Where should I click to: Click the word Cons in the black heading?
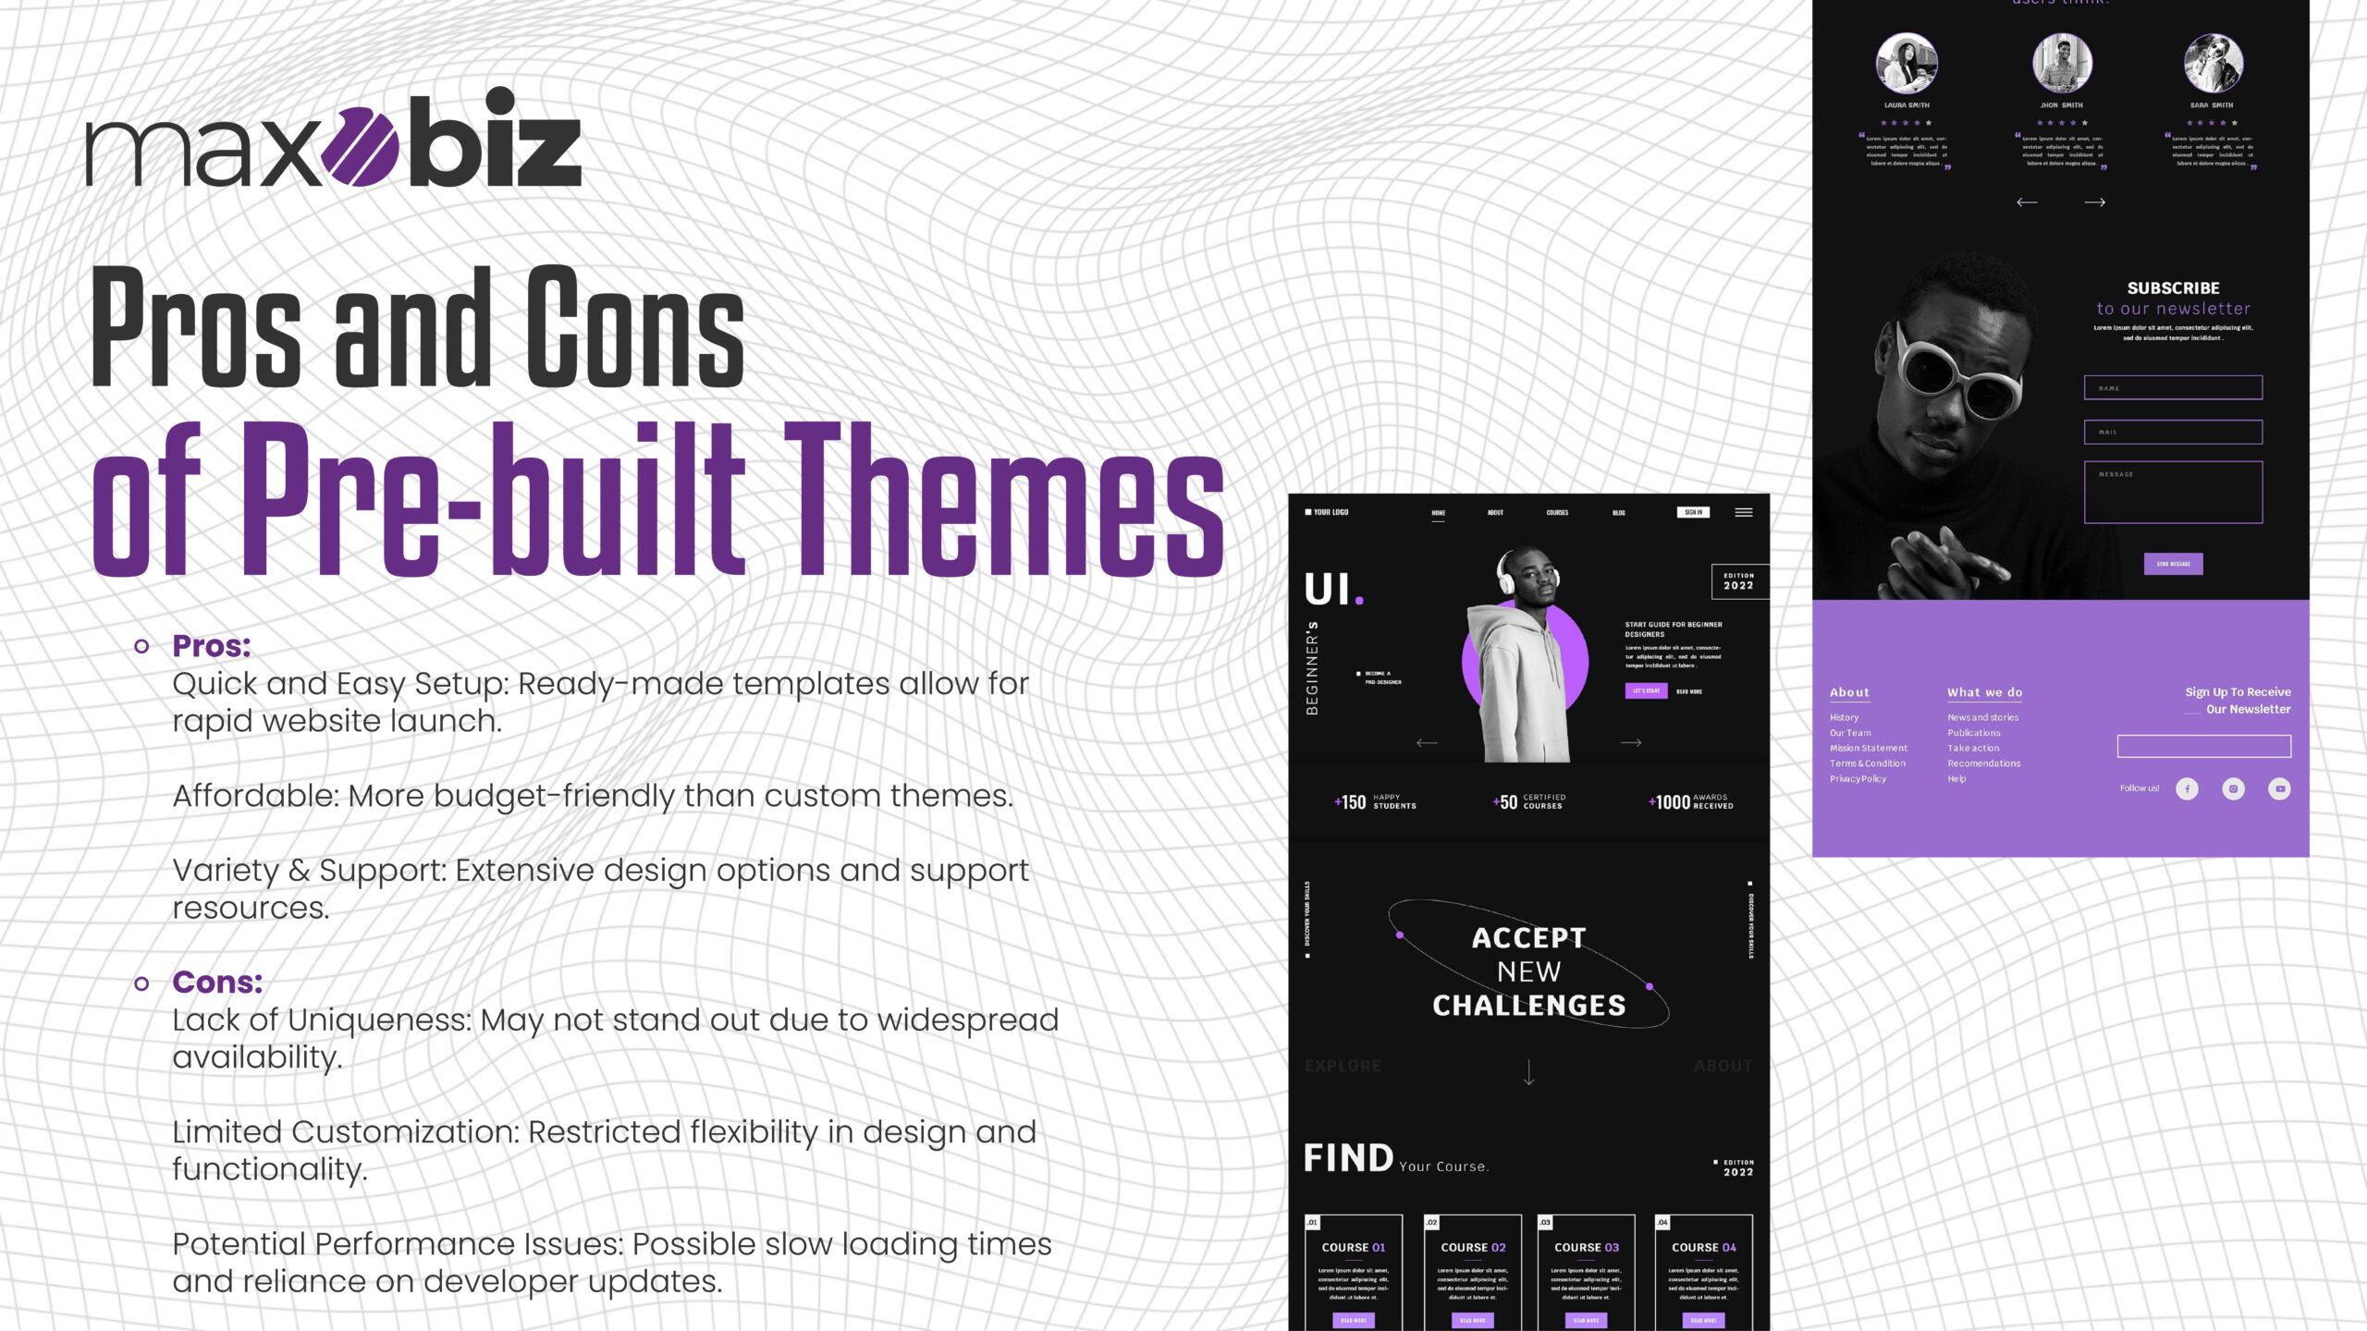[634, 327]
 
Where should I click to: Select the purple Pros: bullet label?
[212, 646]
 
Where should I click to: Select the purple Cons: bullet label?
[217, 982]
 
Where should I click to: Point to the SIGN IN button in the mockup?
[1693, 512]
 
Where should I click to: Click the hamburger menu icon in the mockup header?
[1743, 512]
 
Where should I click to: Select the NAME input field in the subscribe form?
[2173, 387]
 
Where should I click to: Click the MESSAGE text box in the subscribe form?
[2173, 493]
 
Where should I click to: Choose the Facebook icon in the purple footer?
[2187, 788]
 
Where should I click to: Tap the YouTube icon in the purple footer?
[2279, 788]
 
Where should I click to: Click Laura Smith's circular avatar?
[1907, 63]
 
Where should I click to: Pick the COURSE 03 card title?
[1587, 1247]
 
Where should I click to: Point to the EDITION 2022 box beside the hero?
[1738, 581]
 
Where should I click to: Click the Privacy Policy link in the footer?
[1858, 779]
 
